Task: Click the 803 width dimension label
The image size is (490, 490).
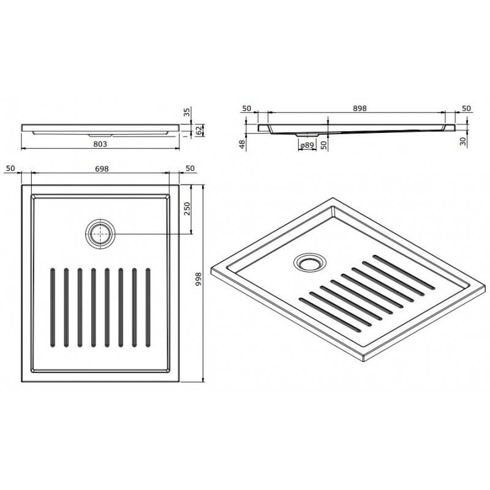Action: click(100, 144)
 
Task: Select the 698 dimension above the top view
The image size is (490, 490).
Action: click(102, 169)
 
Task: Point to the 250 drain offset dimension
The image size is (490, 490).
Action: click(187, 208)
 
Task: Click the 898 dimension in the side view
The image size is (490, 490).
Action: click(360, 108)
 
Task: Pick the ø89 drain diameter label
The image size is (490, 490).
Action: click(307, 145)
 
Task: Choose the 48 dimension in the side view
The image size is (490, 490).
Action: click(243, 145)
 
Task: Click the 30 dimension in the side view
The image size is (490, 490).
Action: click(463, 141)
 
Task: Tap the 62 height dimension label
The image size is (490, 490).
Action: click(198, 130)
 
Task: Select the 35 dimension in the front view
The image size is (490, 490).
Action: click(187, 112)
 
